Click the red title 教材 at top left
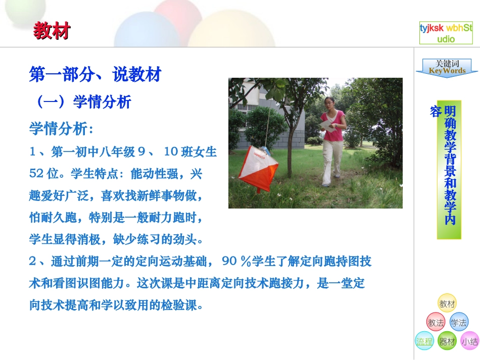tap(52, 31)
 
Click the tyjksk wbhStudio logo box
tap(446, 33)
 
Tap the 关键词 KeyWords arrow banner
tap(447, 68)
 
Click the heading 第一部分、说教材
tap(95, 75)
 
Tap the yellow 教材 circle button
tap(447, 303)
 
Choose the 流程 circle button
tap(424, 341)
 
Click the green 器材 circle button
tap(447, 341)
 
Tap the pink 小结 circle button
tap(469, 341)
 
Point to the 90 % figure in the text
tap(236, 261)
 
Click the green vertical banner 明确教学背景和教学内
tap(450, 169)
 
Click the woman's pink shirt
tap(334, 127)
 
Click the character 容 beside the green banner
tap(435, 112)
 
